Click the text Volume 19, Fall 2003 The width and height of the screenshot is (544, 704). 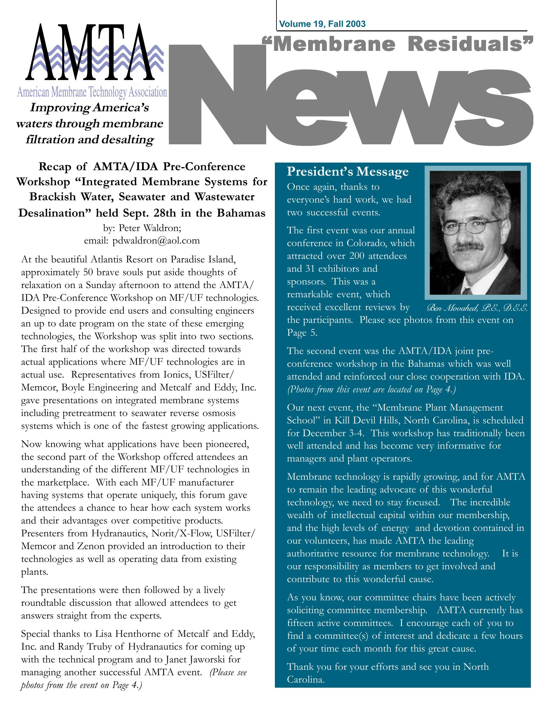(322, 24)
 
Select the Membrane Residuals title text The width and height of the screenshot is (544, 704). (396, 44)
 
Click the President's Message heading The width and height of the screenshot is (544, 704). (348, 172)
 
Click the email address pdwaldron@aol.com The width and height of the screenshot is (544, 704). (156, 240)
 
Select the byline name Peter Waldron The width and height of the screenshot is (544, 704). (150, 228)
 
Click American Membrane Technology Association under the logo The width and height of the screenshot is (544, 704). (92, 92)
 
